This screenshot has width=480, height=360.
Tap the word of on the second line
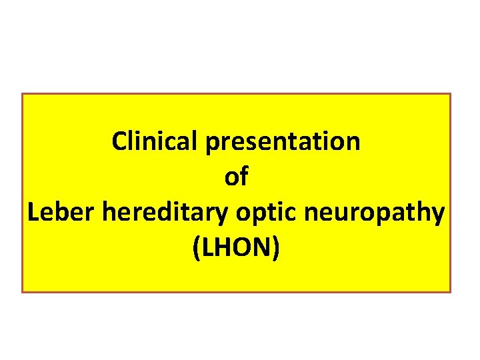[237, 177]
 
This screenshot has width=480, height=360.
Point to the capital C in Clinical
[120, 141]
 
